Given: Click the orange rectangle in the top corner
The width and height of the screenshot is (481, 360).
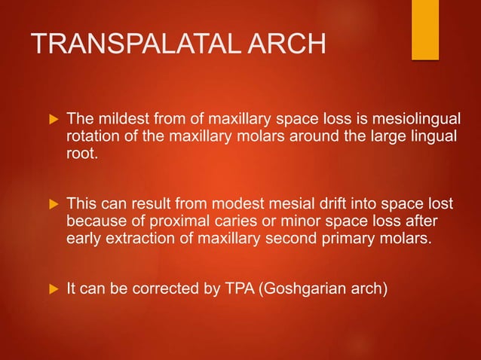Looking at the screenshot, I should coord(425,29).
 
